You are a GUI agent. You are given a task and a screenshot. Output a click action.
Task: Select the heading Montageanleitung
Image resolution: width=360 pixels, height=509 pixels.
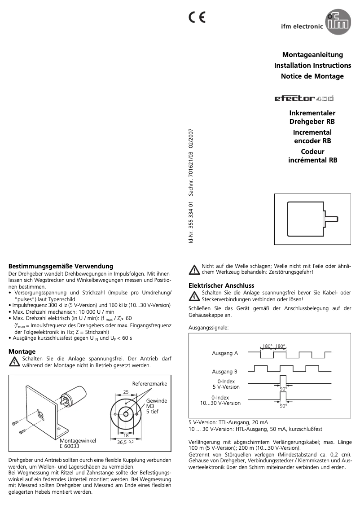[312, 55]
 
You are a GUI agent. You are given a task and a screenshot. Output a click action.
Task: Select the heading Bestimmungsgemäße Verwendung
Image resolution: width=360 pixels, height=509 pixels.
[61, 266]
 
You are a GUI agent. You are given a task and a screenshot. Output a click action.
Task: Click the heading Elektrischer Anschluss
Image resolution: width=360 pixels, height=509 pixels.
[221, 285]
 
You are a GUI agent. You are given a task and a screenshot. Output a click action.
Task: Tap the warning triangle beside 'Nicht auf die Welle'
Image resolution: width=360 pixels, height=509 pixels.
[194, 270]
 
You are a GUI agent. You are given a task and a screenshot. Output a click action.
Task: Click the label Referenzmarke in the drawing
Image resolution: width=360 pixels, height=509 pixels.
[149, 384]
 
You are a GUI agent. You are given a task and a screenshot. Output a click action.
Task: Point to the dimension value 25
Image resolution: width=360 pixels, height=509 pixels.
[126, 392]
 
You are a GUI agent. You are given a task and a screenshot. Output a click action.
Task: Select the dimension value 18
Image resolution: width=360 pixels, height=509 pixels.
[126, 435]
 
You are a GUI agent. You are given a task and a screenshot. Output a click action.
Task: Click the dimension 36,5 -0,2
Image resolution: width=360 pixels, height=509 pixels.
[126, 442]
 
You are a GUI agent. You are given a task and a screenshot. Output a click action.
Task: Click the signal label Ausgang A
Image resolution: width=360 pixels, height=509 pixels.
[225, 353]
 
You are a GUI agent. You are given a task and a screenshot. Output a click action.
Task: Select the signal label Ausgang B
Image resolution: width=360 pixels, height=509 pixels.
[225, 372]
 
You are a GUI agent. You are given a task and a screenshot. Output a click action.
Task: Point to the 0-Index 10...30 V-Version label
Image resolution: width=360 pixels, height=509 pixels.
[220, 400]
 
